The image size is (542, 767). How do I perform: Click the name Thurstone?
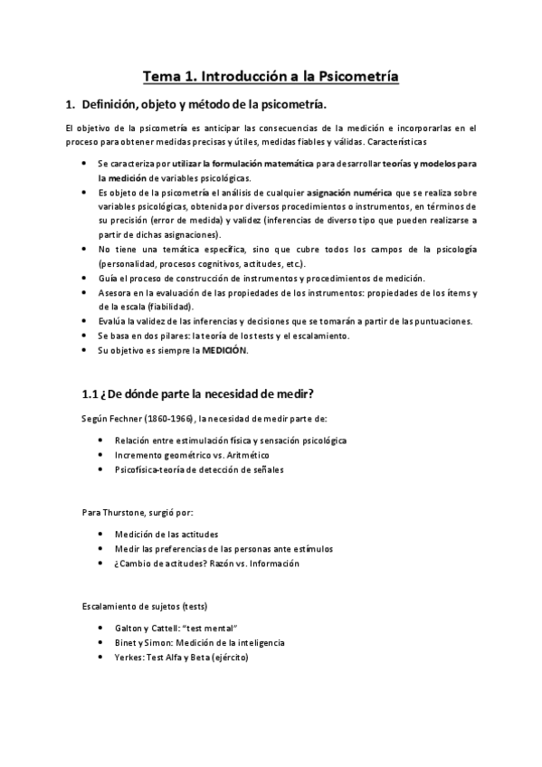tap(126, 511)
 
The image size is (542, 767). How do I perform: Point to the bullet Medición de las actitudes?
tap(166, 534)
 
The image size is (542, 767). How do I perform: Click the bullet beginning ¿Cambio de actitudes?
tap(207, 563)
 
